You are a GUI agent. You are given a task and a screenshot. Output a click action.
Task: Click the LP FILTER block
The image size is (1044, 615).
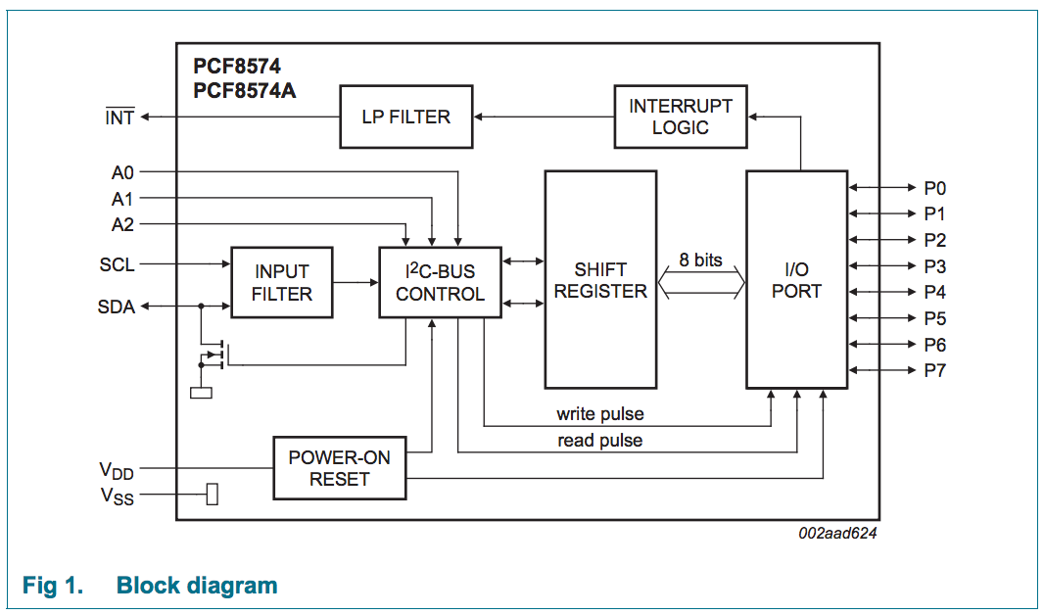406,118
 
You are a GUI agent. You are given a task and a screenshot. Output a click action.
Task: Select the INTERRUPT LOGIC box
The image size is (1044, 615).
681,117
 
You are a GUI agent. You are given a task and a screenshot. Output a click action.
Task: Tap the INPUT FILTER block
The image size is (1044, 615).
282,282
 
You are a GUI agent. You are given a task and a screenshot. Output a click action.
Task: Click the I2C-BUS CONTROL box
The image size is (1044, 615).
440,282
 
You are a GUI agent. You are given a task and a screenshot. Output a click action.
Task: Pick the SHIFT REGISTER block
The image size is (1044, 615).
600,279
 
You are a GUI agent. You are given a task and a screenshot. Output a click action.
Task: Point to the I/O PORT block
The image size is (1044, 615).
796,279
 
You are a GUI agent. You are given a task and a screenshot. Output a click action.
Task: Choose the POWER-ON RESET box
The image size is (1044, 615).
339,468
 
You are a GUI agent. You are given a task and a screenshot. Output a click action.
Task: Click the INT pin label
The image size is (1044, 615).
119,118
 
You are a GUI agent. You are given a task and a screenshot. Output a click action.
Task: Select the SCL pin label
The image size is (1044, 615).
117,264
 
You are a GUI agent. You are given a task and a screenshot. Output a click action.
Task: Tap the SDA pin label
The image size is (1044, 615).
116,307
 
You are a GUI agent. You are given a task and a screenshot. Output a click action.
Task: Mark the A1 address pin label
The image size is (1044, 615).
122,199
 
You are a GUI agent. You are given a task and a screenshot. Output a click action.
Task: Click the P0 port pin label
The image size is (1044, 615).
934,188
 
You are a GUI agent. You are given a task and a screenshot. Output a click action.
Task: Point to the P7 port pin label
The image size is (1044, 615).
934,370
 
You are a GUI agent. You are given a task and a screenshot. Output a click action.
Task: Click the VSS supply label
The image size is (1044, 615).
116,497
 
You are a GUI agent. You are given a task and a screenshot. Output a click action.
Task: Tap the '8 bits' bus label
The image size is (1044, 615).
700,260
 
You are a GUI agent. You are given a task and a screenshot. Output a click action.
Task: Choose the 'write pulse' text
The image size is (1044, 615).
599,414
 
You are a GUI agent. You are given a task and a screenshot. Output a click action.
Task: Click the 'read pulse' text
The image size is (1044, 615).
599,441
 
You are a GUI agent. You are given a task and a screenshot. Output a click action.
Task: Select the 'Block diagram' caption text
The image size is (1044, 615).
197,586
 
